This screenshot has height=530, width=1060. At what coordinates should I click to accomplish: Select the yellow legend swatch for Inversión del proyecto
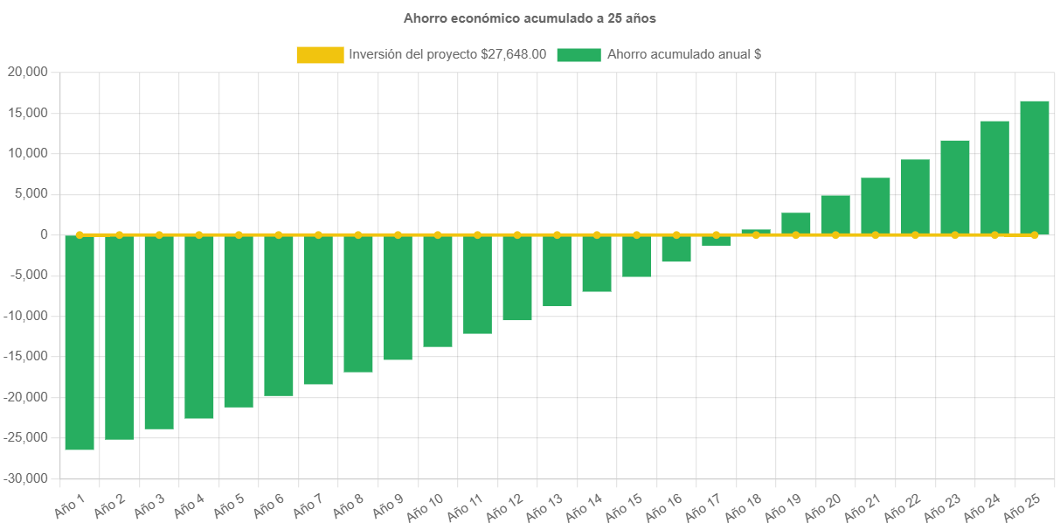(320, 54)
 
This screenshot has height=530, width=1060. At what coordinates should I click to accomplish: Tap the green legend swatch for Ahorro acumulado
(578, 54)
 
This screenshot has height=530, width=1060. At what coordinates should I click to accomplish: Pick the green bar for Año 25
(1034, 168)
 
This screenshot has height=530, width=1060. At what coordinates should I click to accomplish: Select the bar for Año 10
(438, 291)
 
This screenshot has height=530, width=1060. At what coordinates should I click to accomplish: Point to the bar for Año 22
(914, 197)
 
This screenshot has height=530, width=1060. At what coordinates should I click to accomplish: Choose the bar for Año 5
(239, 321)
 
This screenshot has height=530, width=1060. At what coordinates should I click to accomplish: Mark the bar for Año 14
(597, 263)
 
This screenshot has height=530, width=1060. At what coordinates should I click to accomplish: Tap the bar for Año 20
(835, 215)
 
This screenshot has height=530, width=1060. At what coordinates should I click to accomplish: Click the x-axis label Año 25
(1022, 505)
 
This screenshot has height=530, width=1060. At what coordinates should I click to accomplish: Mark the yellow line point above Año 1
(80, 234)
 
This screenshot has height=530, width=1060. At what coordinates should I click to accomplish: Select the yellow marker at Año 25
(1034, 234)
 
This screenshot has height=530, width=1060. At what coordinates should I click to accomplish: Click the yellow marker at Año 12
(517, 234)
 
